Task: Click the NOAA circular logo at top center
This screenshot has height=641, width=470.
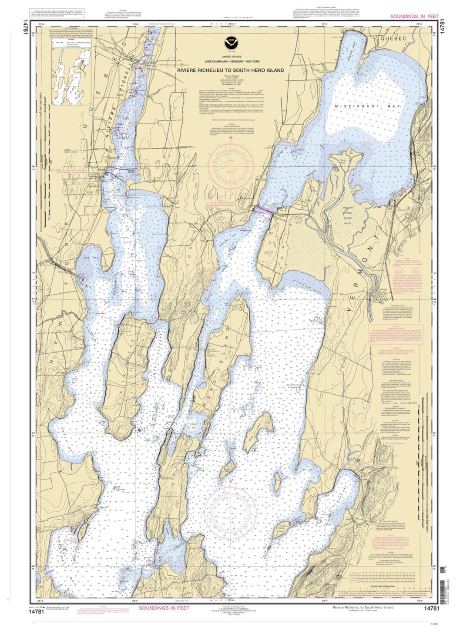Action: point(230,43)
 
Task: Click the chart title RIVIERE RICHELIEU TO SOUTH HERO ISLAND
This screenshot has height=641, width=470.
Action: point(230,70)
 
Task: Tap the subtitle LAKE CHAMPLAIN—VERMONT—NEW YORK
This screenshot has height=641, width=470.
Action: point(230,61)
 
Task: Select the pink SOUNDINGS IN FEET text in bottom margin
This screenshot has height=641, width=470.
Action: point(164,608)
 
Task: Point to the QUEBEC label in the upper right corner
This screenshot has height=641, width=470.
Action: point(393,38)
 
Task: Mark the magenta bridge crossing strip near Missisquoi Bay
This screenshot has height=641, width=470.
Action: point(264,210)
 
